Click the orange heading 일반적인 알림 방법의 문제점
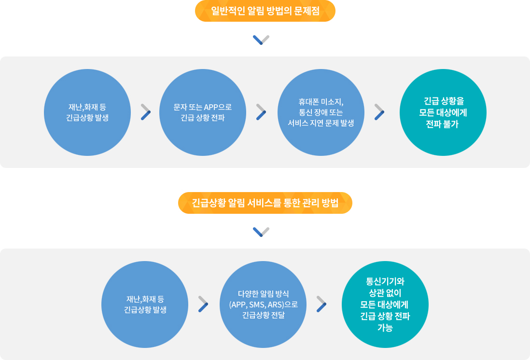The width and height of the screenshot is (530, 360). coord(265,11)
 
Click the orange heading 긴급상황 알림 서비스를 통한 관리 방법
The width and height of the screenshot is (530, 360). coord(265,203)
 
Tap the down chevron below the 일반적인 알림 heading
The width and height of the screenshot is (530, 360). coord(261,40)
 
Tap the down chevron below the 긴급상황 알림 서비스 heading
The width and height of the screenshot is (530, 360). coord(261,232)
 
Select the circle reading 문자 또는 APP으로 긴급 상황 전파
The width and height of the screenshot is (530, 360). coord(203,112)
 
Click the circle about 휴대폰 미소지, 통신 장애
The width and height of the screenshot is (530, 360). coord(321,112)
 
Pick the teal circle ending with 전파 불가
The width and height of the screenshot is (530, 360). coord(443,112)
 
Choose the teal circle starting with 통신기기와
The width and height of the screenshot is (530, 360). coord(385,305)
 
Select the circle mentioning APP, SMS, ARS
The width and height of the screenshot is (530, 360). coord(263,305)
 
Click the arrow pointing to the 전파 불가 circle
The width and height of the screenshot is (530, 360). coord(379,111)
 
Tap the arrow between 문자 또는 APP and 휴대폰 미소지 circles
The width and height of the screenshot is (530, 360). coord(261,111)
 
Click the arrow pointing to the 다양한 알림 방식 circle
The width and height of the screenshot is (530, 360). coord(203,304)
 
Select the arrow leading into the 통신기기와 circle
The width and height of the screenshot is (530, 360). coord(321,304)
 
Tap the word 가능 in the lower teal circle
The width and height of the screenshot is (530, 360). coord(385,328)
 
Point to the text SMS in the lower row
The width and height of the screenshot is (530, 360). coord(257,305)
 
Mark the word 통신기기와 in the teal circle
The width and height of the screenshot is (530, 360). coord(385,281)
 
